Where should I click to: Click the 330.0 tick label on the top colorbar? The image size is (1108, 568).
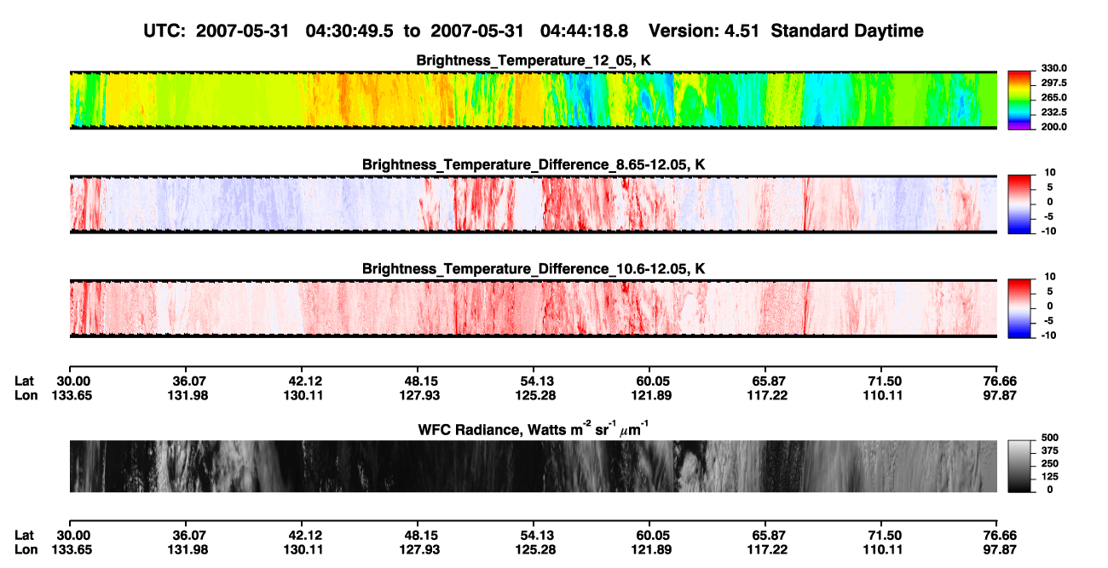click(1053, 68)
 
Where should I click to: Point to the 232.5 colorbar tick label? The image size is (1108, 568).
click(1053, 112)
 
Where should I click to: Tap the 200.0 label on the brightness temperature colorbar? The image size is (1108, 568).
click(1053, 127)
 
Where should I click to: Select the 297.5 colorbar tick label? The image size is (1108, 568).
click(1053, 83)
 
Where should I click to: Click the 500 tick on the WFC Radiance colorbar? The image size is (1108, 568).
click(1050, 438)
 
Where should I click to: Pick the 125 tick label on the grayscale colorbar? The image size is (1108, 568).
click(1050, 477)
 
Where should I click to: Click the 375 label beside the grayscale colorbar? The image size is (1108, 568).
click(1050, 450)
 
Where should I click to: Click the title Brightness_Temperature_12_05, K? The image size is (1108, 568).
click(534, 60)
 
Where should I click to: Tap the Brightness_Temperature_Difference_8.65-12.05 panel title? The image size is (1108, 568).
click(534, 164)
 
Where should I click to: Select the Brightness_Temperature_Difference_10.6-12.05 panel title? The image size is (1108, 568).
click(534, 269)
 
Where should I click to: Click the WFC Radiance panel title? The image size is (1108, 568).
click(534, 428)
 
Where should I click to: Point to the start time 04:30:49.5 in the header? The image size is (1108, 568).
click(349, 32)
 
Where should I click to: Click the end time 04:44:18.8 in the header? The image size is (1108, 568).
click(584, 32)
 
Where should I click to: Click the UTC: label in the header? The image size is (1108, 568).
click(164, 32)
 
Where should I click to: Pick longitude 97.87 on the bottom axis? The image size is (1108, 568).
click(1000, 550)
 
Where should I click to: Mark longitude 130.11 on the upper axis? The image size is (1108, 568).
click(303, 395)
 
